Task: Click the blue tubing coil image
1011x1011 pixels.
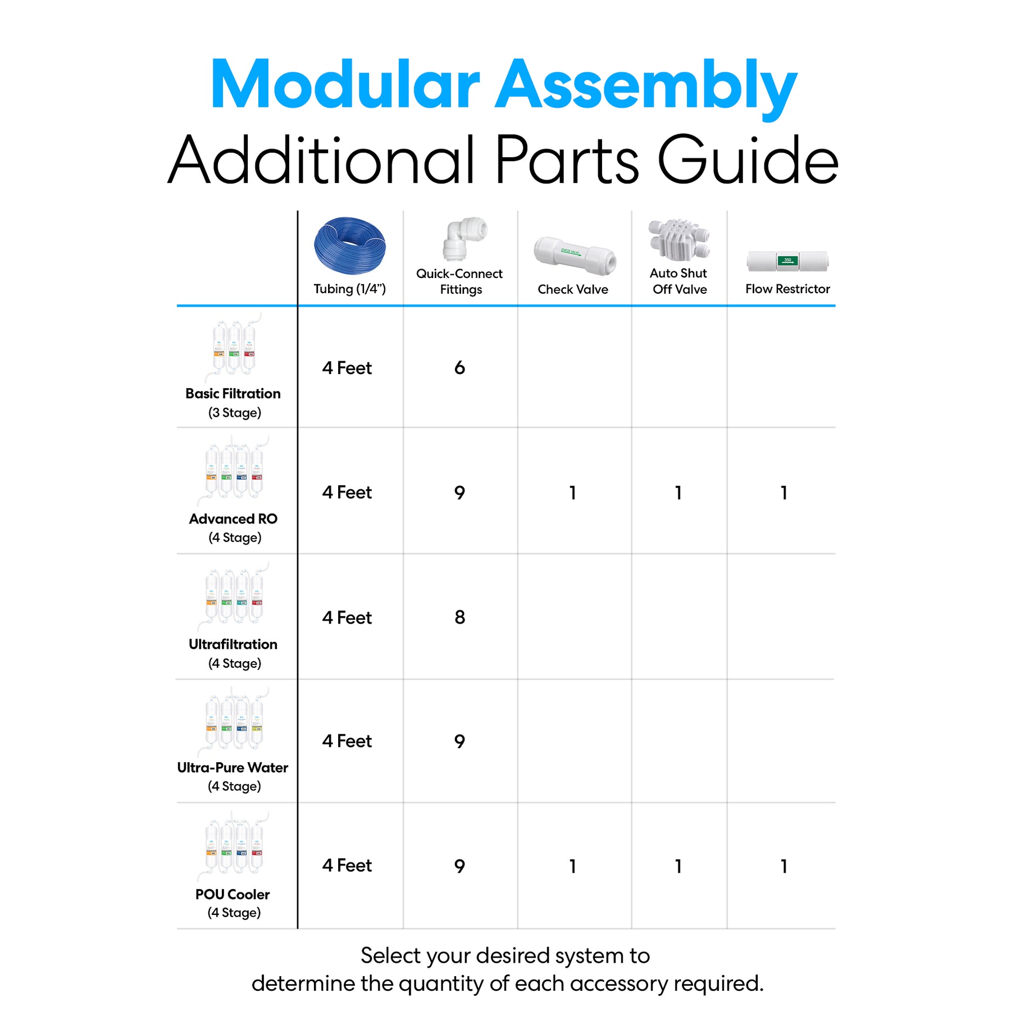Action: click(350, 245)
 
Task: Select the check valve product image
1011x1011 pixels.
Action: click(574, 257)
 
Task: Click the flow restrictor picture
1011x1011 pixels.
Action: click(787, 261)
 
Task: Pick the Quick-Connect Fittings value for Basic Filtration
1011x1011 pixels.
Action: click(459, 368)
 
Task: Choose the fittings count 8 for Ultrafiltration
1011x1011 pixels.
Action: click(459, 617)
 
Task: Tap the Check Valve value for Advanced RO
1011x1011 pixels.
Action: click(572, 493)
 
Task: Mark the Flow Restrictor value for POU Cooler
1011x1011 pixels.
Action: click(784, 866)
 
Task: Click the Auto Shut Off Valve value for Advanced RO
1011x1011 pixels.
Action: click(678, 493)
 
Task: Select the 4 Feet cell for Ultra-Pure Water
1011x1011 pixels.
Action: click(347, 741)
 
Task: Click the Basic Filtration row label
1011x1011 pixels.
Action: click(233, 394)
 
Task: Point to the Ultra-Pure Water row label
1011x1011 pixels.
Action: click(233, 768)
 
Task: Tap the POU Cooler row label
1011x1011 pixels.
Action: click(233, 894)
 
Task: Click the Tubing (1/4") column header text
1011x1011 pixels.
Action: click(349, 289)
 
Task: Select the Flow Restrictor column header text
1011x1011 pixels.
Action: click(787, 289)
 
